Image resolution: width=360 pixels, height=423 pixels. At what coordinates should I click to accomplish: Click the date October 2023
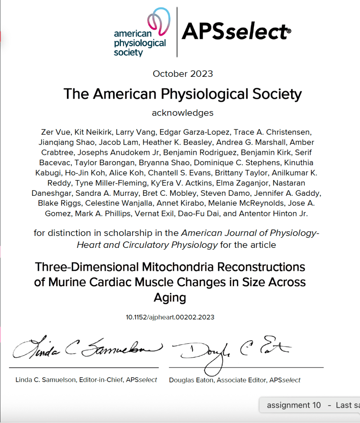(183, 74)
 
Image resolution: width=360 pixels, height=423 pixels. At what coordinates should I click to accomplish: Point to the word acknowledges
(182, 112)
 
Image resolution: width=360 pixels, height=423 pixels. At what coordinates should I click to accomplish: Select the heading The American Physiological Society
(182, 94)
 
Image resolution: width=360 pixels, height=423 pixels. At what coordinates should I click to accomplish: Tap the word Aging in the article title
(170, 297)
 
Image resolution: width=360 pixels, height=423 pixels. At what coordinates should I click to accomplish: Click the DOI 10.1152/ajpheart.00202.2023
(170, 317)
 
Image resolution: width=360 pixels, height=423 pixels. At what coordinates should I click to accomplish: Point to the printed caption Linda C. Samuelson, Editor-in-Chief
(86, 380)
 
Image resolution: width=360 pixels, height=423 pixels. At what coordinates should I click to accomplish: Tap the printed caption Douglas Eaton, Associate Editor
(235, 380)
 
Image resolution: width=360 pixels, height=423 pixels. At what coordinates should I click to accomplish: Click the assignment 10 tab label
(294, 405)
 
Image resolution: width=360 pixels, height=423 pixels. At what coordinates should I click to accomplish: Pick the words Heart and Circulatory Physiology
(147, 245)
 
